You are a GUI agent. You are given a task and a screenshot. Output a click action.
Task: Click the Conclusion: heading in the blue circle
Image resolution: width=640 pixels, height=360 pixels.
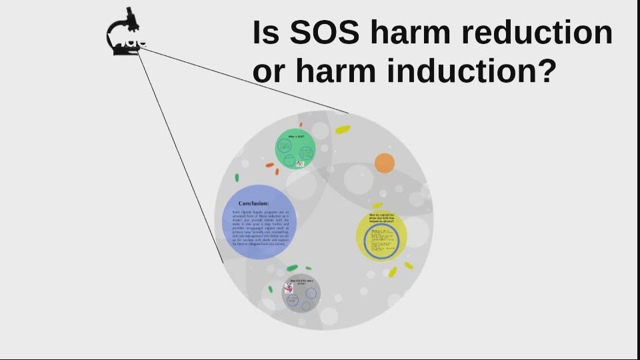254,203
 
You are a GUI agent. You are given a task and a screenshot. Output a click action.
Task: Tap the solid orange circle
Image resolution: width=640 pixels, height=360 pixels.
385,163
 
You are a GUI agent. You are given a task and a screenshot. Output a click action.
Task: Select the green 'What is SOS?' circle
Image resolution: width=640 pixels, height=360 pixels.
295,149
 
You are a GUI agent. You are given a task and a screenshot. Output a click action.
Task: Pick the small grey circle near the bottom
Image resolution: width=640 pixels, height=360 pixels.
301,293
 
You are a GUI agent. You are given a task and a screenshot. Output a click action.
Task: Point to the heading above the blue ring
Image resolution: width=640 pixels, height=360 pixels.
381,217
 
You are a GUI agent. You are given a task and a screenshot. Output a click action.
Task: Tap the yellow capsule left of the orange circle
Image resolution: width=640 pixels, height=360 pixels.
343,129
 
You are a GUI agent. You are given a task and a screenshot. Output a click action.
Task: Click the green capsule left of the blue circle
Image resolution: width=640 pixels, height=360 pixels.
237,177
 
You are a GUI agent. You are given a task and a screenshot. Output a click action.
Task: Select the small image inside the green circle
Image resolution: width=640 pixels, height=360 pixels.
299,163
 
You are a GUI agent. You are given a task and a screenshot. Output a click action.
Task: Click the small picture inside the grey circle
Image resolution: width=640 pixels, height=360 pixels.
289,288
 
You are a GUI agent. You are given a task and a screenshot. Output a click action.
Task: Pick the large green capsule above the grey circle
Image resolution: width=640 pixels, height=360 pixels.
292,267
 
